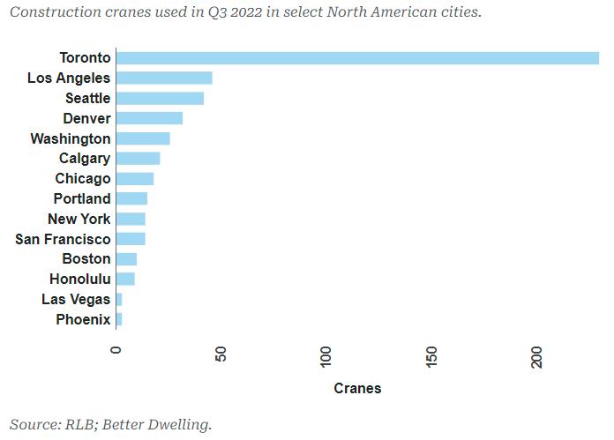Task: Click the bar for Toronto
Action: (x=357, y=58)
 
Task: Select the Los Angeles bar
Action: (x=164, y=78)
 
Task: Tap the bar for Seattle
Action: (x=161, y=98)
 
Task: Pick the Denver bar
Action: (x=150, y=118)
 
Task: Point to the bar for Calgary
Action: (x=139, y=159)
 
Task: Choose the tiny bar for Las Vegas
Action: (x=119, y=300)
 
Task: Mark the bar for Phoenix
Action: (x=119, y=319)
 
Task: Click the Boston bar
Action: (x=126, y=259)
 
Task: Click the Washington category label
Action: (x=71, y=139)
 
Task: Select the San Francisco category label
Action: (x=63, y=239)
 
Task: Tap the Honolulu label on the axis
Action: (x=80, y=280)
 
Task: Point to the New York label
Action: (x=79, y=219)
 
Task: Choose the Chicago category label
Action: (x=83, y=179)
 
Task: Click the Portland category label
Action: (x=82, y=199)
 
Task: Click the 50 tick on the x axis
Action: (x=221, y=354)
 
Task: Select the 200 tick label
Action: (x=536, y=357)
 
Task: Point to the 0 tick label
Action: (x=116, y=349)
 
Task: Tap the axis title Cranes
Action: (x=357, y=388)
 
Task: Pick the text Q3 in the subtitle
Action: (x=217, y=12)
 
